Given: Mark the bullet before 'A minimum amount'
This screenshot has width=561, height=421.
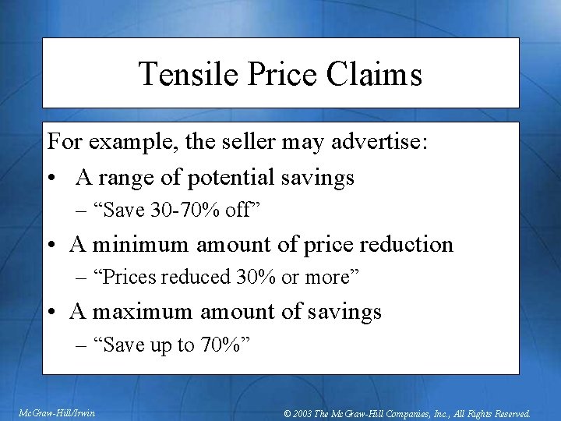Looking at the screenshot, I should [52, 246].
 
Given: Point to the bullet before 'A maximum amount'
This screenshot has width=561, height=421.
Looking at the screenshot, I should [52, 313].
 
